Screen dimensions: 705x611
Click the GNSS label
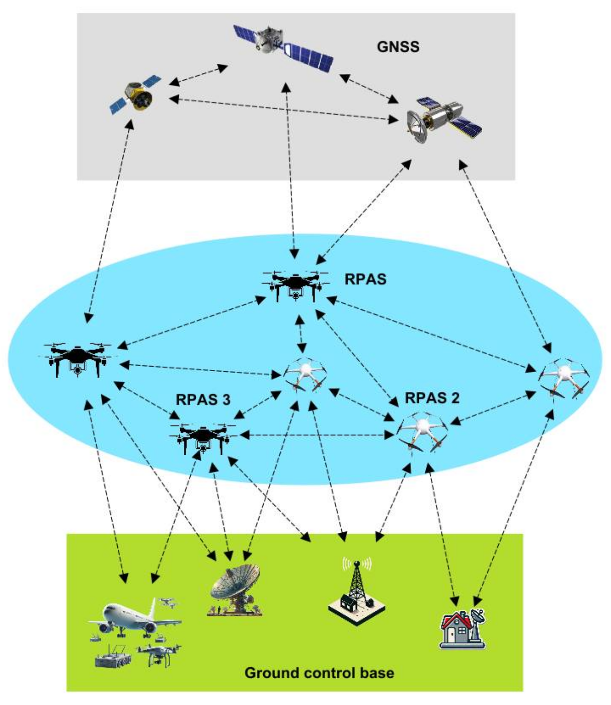coord(398,47)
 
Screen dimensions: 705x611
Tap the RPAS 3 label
coord(203,399)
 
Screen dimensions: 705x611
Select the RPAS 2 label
coord(432,398)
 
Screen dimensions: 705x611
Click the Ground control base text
coord(319,672)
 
